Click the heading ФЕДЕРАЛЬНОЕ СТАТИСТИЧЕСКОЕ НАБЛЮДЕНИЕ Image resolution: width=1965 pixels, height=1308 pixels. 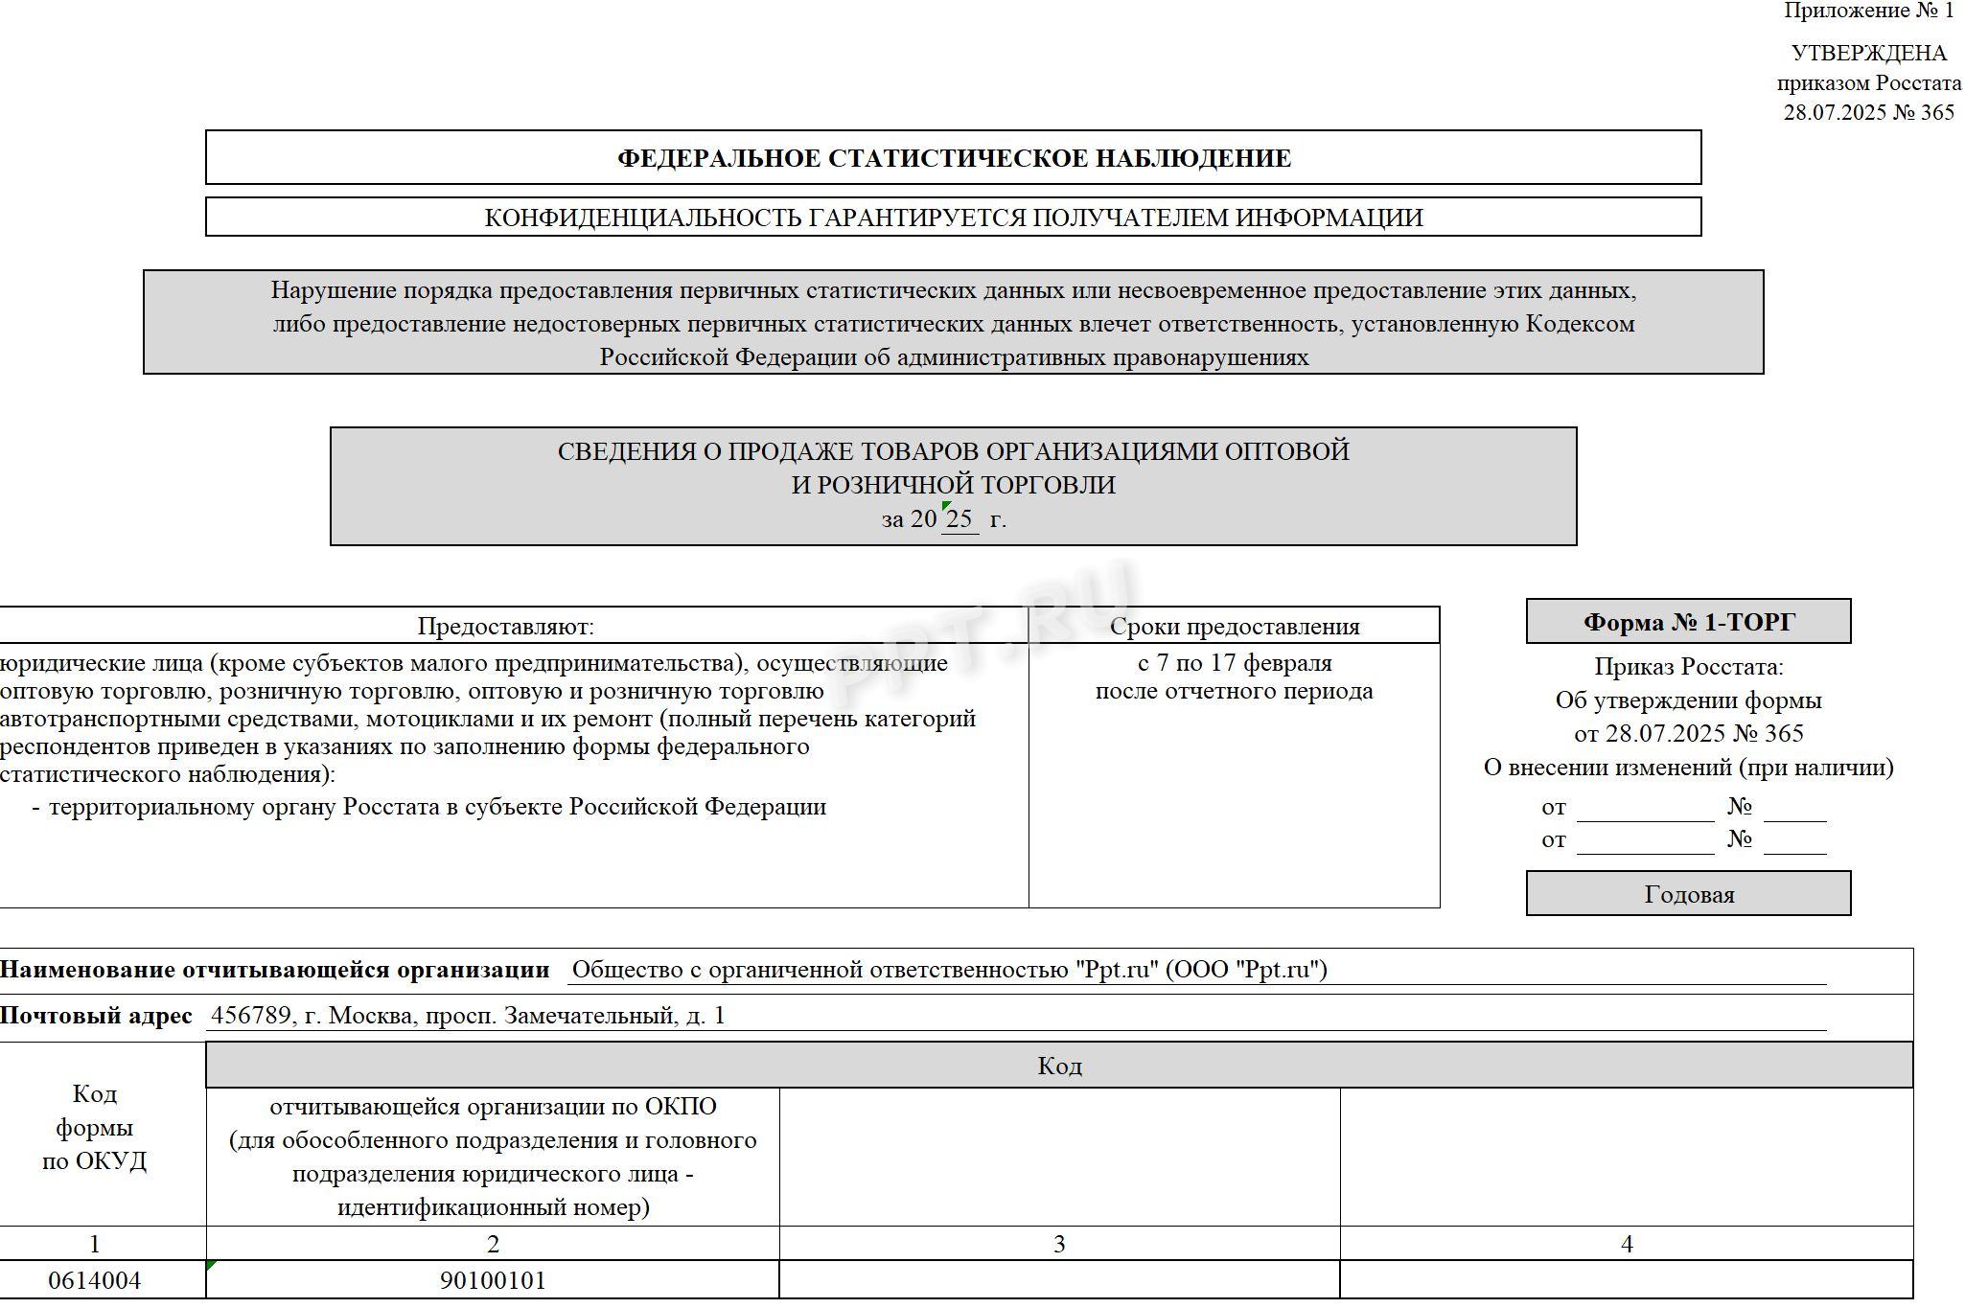click(x=954, y=158)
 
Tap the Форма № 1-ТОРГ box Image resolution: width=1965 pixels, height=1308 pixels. click(x=1688, y=623)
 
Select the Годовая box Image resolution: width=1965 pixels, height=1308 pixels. click(x=1688, y=894)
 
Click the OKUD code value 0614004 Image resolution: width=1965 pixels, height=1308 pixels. click(x=94, y=1280)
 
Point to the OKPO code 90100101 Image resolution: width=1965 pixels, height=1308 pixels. click(x=493, y=1280)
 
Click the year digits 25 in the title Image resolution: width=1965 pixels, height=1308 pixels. click(x=959, y=519)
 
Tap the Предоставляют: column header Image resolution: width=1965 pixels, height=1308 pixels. click(x=505, y=627)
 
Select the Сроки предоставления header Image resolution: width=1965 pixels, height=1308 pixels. click(x=1235, y=627)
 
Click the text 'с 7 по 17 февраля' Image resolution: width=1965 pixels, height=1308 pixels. click(x=1235, y=663)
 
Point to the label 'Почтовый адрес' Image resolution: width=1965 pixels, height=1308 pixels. click(x=96, y=1016)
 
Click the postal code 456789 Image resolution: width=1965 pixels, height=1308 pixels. click(x=251, y=1016)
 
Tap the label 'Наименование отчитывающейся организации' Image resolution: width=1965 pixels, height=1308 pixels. click(x=274, y=970)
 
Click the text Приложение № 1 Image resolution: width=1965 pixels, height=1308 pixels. click(x=1868, y=11)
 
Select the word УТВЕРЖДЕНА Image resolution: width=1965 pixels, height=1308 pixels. click(x=1868, y=54)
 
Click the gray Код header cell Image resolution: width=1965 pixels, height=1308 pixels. click(x=1059, y=1066)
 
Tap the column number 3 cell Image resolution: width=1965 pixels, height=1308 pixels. click(x=1059, y=1244)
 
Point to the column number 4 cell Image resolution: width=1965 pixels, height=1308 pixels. click(x=1627, y=1244)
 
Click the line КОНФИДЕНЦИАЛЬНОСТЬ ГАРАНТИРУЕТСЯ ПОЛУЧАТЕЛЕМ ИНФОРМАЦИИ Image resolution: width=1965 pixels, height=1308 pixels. click(x=954, y=218)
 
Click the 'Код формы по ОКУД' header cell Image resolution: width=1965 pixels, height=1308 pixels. click(x=94, y=1128)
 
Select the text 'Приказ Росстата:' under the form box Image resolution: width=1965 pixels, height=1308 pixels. click(x=1689, y=667)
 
